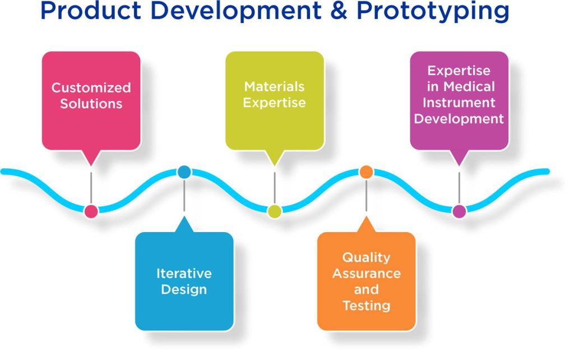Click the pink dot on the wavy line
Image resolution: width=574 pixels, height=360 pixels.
tap(91, 211)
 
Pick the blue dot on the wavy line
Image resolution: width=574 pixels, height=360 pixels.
tap(184, 172)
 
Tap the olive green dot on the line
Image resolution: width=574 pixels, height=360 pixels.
tap(274, 211)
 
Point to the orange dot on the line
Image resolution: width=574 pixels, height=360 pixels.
tap(365, 172)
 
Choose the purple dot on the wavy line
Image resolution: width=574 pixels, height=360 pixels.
tap(459, 211)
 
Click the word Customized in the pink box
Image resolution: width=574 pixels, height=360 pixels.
tap(91, 87)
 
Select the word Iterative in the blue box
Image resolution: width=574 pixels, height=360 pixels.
tap(184, 274)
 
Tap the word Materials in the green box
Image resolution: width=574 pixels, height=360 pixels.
tap(274, 86)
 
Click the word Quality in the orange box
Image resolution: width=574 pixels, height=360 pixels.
tap(366, 257)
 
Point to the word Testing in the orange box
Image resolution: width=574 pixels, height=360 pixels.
tap(366, 306)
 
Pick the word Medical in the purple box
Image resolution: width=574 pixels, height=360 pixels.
tap(469, 86)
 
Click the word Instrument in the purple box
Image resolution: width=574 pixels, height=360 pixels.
tap(459, 103)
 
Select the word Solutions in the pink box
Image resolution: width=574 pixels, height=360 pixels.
tap(91, 104)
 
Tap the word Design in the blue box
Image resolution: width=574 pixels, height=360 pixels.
tap(184, 290)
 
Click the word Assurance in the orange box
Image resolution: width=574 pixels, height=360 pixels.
tap(366, 274)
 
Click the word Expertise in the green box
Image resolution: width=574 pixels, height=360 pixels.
tap(274, 103)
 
